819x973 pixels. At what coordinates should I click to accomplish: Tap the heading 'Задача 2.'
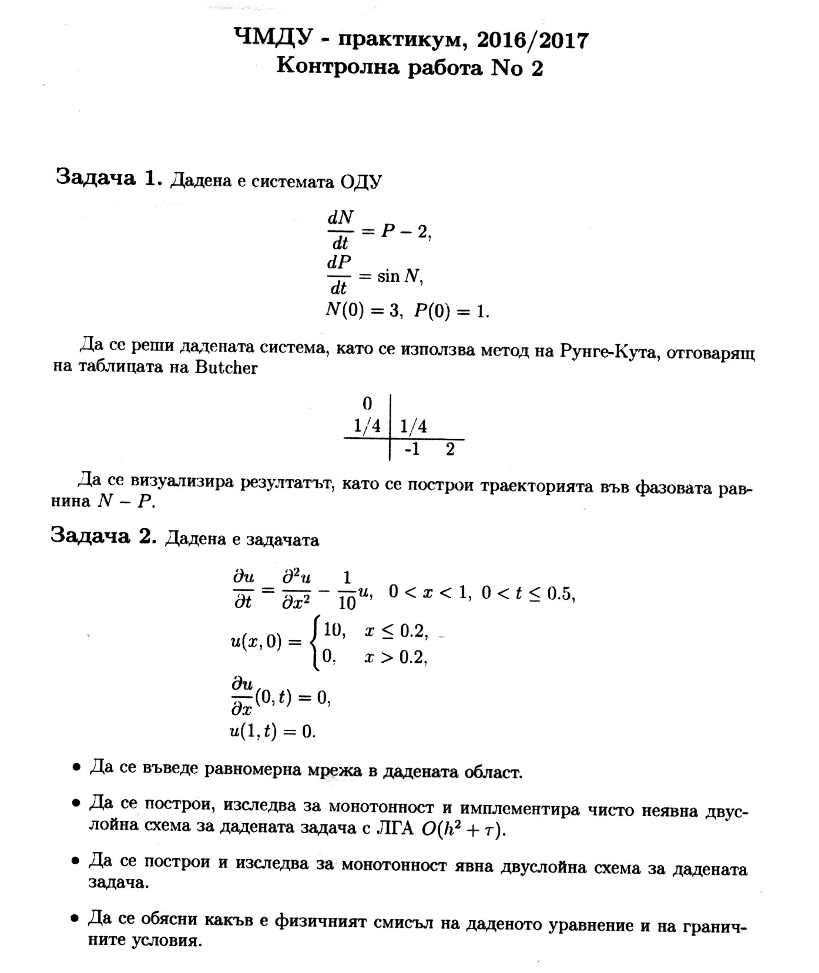click(103, 535)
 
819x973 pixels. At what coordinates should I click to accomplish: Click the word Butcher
click(226, 368)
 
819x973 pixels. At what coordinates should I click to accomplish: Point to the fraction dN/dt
click(340, 230)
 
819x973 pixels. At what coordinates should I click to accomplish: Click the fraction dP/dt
click(339, 274)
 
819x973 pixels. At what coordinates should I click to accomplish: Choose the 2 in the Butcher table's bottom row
click(450, 449)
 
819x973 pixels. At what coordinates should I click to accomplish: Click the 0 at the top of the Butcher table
click(367, 404)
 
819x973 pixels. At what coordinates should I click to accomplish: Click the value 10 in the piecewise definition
click(334, 630)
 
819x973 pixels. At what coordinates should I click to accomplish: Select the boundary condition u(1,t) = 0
click(273, 732)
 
